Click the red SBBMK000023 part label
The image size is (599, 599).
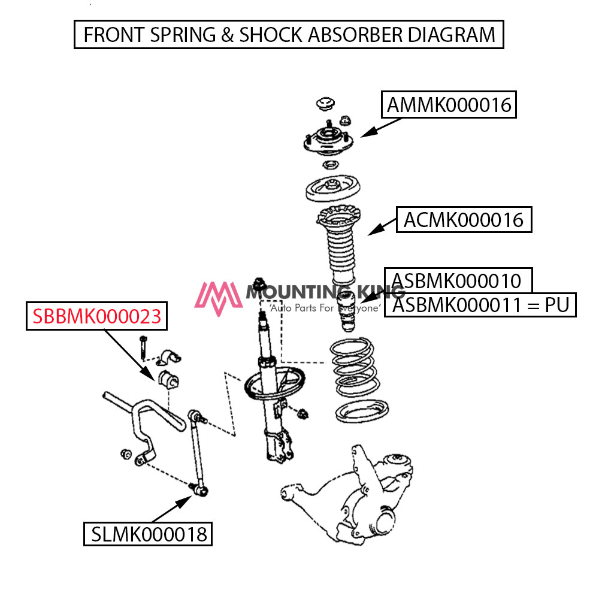tap(97, 316)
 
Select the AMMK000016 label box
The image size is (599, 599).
tap(449, 105)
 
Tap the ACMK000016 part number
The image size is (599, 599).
tap(463, 220)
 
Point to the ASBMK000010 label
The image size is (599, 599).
tap(456, 280)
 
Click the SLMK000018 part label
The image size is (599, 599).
tap(148, 533)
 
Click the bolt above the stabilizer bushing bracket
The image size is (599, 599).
tap(143, 347)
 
